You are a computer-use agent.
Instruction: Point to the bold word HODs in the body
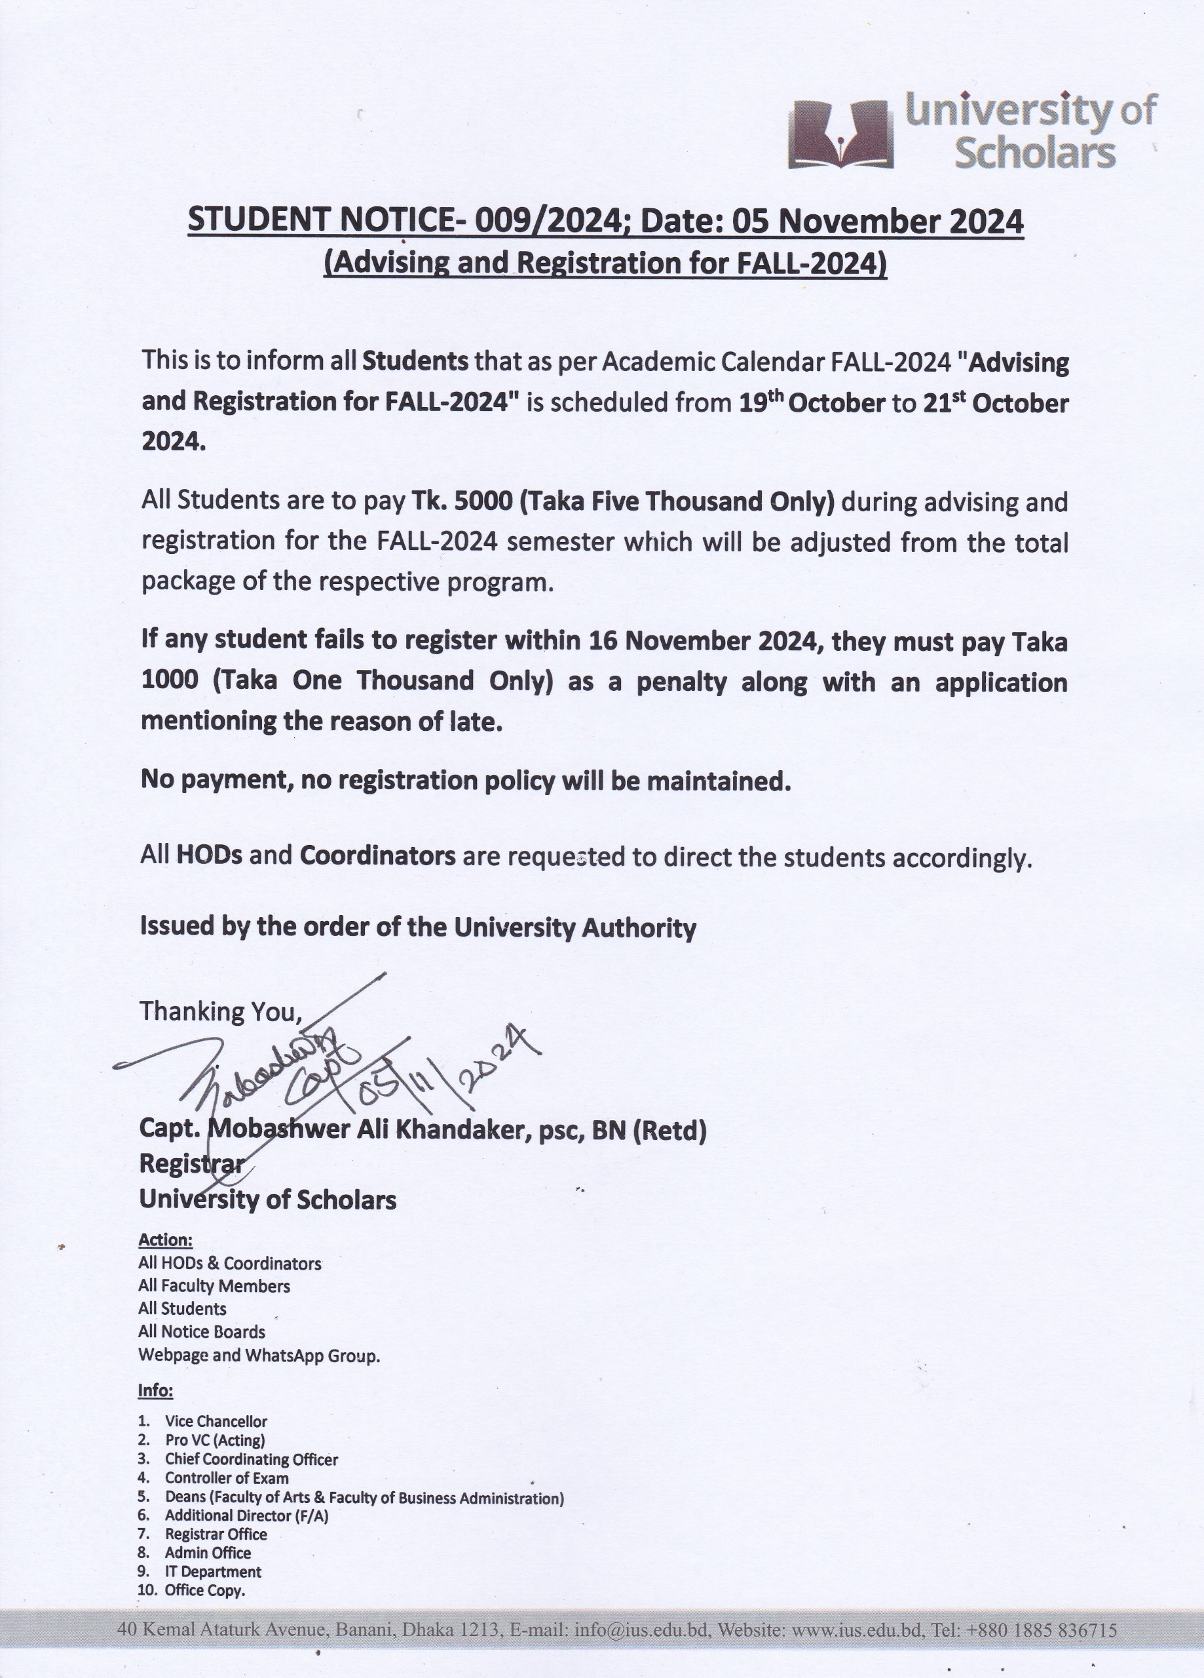210,856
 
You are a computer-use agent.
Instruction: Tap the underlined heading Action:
166,1239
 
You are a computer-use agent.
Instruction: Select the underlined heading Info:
155,1390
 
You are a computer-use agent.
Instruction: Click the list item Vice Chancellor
216,1421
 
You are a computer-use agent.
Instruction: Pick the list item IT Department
213,1571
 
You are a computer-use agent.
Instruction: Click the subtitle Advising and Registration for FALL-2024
605,263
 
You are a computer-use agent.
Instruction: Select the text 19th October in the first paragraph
812,402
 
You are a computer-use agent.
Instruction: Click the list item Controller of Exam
226,1477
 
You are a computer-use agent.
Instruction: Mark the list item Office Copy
205,1590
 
